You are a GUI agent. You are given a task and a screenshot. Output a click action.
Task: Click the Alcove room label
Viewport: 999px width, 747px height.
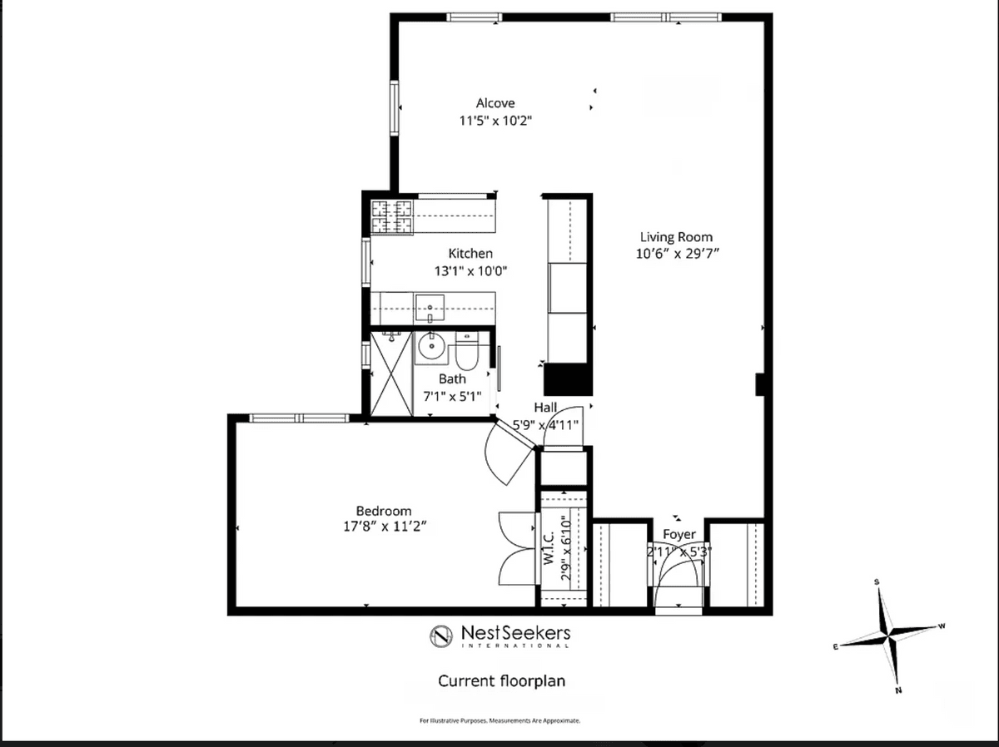point(495,103)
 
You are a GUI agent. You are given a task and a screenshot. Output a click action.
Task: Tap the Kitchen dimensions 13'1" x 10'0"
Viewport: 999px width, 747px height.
point(470,271)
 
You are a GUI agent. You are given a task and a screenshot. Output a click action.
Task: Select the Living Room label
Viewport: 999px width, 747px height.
point(676,237)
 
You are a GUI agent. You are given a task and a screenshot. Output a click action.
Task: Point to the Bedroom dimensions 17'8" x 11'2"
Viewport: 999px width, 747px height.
point(385,527)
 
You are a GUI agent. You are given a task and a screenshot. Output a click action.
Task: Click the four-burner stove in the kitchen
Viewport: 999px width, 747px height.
point(392,217)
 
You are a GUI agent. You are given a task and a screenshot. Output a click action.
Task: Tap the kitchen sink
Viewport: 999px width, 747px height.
point(430,309)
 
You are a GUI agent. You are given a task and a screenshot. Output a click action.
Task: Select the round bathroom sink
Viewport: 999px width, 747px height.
point(431,347)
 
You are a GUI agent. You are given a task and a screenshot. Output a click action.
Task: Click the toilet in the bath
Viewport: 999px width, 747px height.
point(466,351)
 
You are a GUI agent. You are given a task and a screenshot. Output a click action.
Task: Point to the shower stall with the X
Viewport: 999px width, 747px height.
point(391,373)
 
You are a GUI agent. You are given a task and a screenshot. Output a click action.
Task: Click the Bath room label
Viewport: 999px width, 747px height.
point(452,378)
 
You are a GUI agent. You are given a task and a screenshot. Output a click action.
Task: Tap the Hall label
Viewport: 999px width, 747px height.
point(545,407)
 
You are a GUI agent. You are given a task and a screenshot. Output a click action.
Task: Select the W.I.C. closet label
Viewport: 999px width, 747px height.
point(549,548)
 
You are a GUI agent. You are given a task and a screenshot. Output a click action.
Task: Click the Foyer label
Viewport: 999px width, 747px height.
point(679,534)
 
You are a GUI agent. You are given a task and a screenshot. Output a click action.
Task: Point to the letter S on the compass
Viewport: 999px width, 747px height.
point(877,582)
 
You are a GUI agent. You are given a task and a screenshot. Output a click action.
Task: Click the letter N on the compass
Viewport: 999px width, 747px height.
point(899,690)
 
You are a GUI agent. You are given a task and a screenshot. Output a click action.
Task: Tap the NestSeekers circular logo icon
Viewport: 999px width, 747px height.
point(441,636)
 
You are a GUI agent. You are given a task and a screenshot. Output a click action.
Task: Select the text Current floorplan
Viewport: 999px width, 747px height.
point(501,680)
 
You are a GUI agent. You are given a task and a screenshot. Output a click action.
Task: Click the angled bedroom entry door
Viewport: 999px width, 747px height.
point(515,433)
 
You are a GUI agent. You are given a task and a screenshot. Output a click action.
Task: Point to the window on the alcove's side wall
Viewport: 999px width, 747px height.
point(394,108)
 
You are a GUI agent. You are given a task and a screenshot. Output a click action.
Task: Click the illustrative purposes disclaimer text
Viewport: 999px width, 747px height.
point(499,720)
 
